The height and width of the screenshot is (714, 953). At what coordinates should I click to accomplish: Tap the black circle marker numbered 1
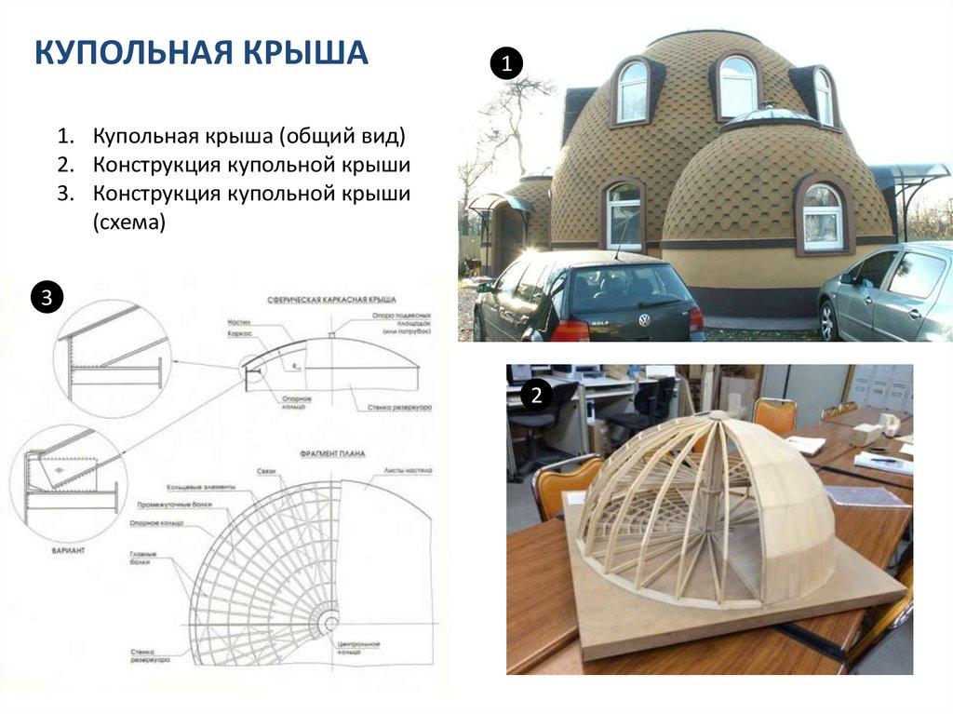tap(507, 64)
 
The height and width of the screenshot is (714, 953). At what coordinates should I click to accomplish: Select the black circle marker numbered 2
tap(535, 396)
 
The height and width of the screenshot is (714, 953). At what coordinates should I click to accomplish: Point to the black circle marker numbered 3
tap(47, 298)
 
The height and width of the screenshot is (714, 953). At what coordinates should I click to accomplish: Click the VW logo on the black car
tap(643, 319)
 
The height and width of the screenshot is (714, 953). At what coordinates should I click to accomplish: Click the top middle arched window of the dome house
tap(737, 87)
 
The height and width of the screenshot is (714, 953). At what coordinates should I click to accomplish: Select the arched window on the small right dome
tap(823, 217)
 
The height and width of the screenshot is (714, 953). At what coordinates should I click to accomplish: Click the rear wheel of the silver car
tap(828, 321)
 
